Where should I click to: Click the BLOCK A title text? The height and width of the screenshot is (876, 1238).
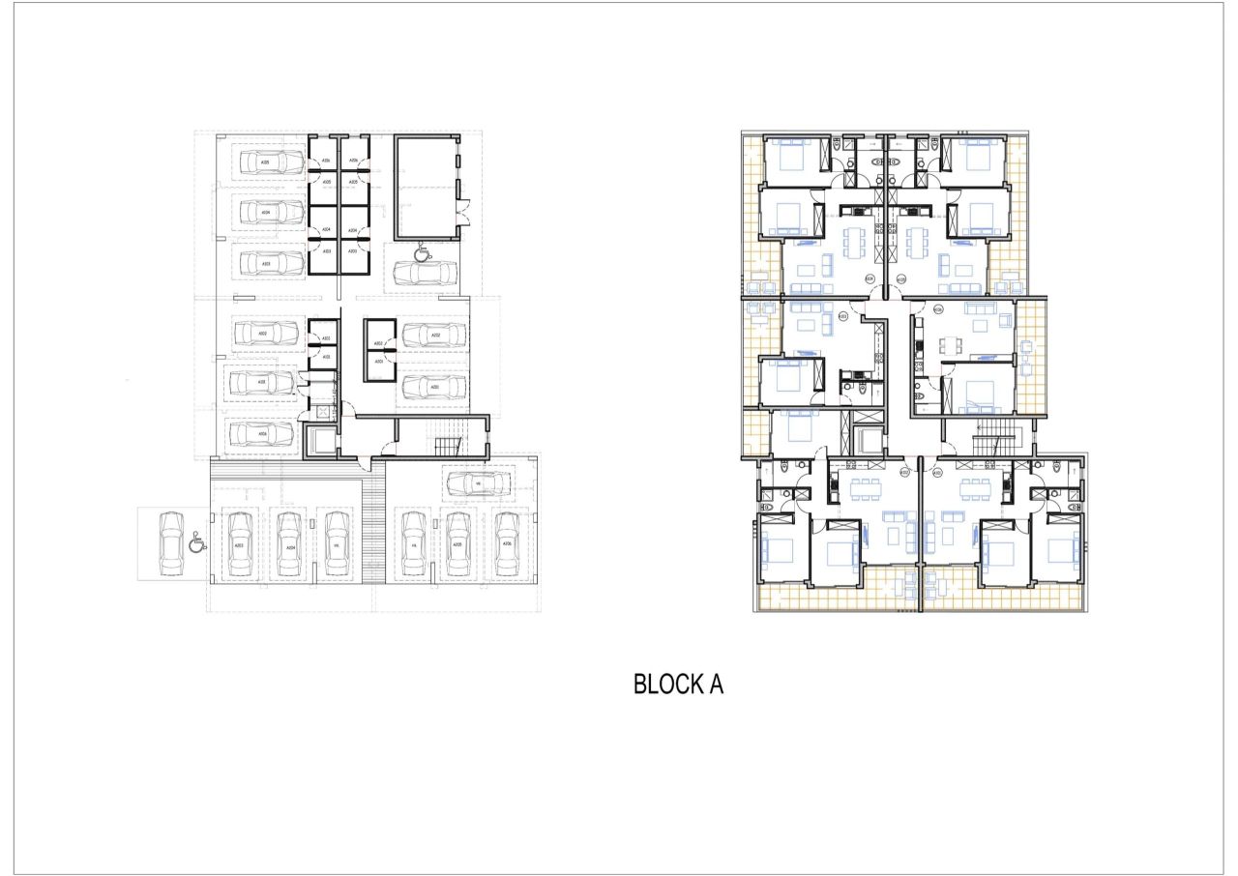[678, 685]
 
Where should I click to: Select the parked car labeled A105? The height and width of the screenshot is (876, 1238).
[266, 162]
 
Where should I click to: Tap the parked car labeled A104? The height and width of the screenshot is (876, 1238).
[266, 212]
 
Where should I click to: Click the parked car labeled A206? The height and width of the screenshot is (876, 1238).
[506, 545]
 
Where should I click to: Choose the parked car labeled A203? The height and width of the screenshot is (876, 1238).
[239, 545]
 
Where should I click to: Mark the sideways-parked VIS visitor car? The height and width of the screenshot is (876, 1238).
[478, 482]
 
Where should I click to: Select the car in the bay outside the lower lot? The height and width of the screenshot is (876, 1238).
[171, 541]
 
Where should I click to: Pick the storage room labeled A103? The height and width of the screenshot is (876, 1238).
[326, 357]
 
